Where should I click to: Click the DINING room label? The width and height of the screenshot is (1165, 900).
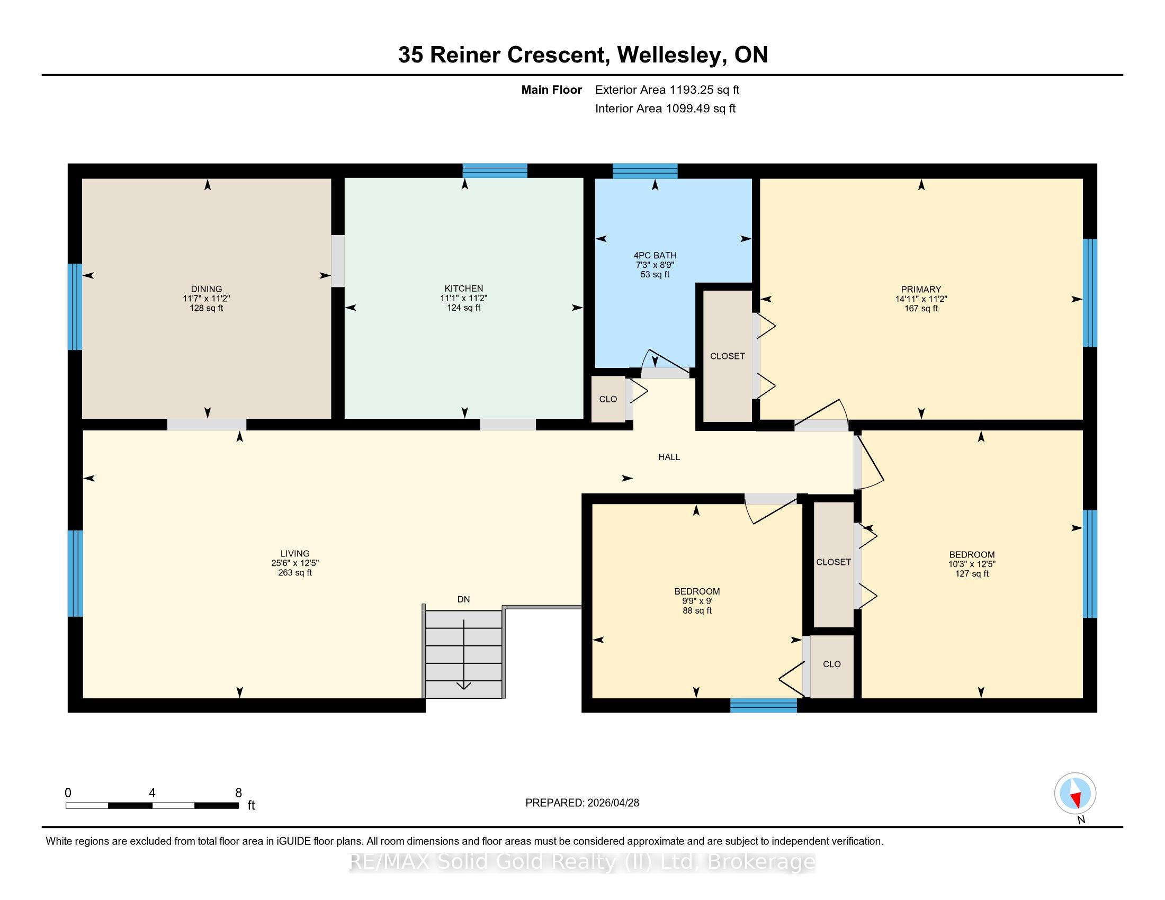coord(207,289)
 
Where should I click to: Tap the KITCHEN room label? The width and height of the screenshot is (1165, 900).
coord(463,289)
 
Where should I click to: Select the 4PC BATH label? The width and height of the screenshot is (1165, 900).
coord(655,255)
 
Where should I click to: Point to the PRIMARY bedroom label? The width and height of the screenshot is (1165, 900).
coord(921,290)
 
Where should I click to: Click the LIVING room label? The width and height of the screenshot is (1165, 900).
coord(295,553)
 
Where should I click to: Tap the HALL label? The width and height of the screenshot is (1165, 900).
coord(669,457)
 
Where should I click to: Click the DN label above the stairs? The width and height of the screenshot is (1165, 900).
coord(463,599)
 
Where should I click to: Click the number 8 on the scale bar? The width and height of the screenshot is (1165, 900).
coord(238,793)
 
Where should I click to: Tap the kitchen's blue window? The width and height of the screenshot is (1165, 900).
coord(495,170)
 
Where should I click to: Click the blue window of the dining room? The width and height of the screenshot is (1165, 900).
coord(75,307)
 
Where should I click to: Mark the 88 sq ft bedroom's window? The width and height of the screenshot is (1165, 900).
coord(763,705)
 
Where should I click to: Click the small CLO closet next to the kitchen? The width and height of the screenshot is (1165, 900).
coord(608,399)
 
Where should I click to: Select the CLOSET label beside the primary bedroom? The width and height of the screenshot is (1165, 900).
coord(727,356)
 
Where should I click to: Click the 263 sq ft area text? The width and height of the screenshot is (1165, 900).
coord(295,573)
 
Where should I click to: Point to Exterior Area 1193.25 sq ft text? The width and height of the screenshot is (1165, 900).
coord(667,89)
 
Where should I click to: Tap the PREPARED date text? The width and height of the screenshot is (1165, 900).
coord(582,803)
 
